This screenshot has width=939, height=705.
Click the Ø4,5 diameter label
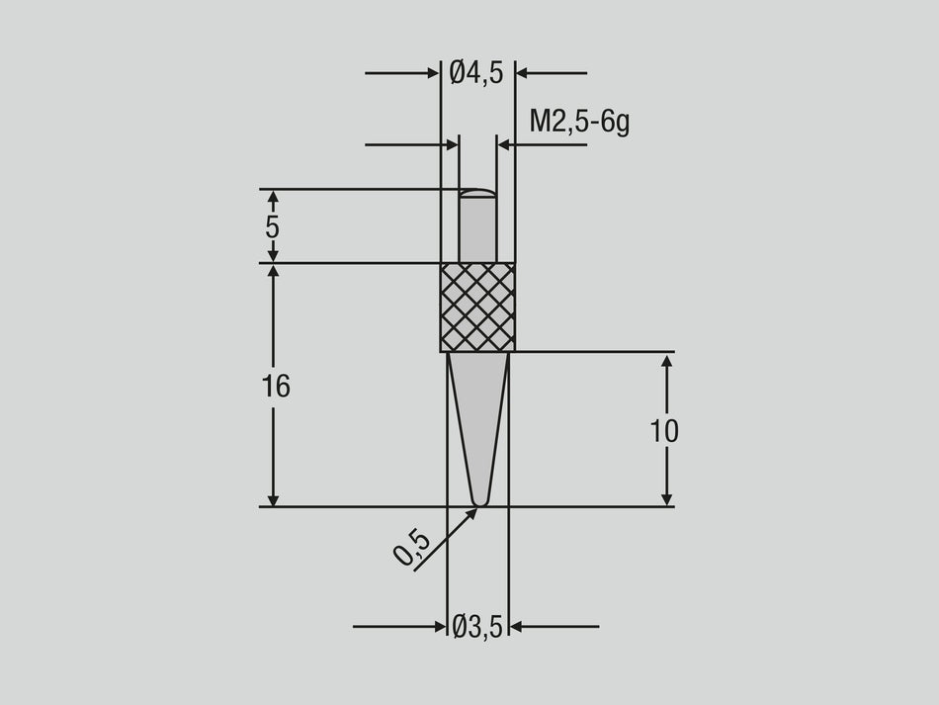[x=476, y=72]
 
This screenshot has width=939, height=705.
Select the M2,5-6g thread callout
[x=579, y=122]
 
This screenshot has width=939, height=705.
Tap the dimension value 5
[x=272, y=226]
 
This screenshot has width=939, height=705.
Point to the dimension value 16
[x=276, y=387]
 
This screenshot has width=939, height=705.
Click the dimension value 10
[x=664, y=431]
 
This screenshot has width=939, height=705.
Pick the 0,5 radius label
[x=411, y=547]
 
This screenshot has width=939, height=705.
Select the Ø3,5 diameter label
[x=477, y=627]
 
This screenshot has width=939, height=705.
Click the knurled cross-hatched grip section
[x=477, y=307]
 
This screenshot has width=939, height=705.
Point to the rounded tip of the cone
[x=478, y=503]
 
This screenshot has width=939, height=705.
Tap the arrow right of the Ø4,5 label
[x=523, y=72]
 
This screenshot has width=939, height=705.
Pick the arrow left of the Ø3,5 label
[x=439, y=626]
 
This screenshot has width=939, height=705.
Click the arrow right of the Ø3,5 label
[x=517, y=626]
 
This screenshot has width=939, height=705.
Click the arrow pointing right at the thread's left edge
[x=452, y=145]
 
